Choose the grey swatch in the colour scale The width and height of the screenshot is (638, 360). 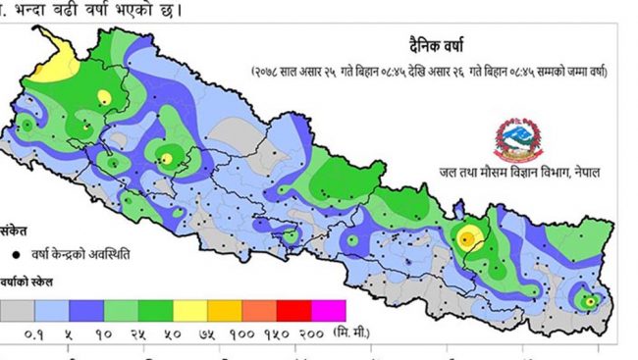[x=17, y=311]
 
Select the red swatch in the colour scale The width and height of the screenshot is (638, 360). [x=295, y=311]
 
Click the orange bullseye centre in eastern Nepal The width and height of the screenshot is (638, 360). [x=468, y=235]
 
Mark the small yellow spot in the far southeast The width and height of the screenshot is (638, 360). [x=587, y=301]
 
